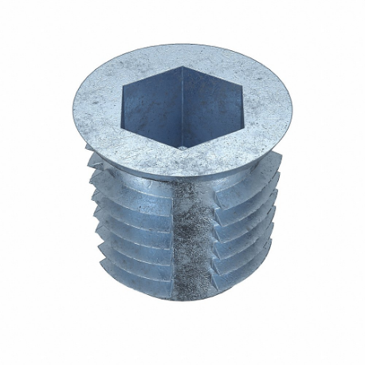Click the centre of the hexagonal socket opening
pos(182,106)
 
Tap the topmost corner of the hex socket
pos(184,67)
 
